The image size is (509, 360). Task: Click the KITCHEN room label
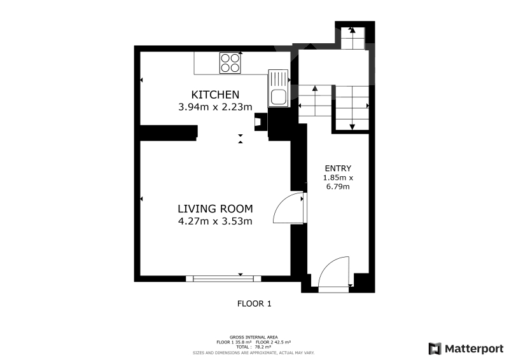pyautogui.click(x=215, y=95)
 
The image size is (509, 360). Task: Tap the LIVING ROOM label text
pyautogui.click(x=215, y=209)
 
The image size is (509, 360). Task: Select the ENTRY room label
pyautogui.click(x=338, y=168)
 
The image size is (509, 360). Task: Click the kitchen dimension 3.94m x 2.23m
pyautogui.click(x=215, y=106)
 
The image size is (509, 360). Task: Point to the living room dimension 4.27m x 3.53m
pyautogui.click(x=215, y=221)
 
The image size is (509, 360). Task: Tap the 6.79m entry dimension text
pyautogui.click(x=338, y=186)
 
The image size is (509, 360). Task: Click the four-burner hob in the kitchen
pyautogui.click(x=230, y=63)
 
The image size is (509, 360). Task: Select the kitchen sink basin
pyautogui.click(x=278, y=97)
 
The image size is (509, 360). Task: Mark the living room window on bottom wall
pyautogui.click(x=223, y=279)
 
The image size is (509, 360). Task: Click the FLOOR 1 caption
pyautogui.click(x=254, y=304)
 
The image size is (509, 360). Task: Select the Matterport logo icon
pyautogui.click(x=435, y=349)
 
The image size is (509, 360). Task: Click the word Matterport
pyautogui.click(x=474, y=349)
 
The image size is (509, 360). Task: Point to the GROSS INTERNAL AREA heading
pyautogui.click(x=253, y=337)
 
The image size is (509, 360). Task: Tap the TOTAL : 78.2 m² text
pyautogui.click(x=253, y=347)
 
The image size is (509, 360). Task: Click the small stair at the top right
pyautogui.click(x=352, y=38)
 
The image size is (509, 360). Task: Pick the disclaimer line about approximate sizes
pyautogui.click(x=253, y=353)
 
